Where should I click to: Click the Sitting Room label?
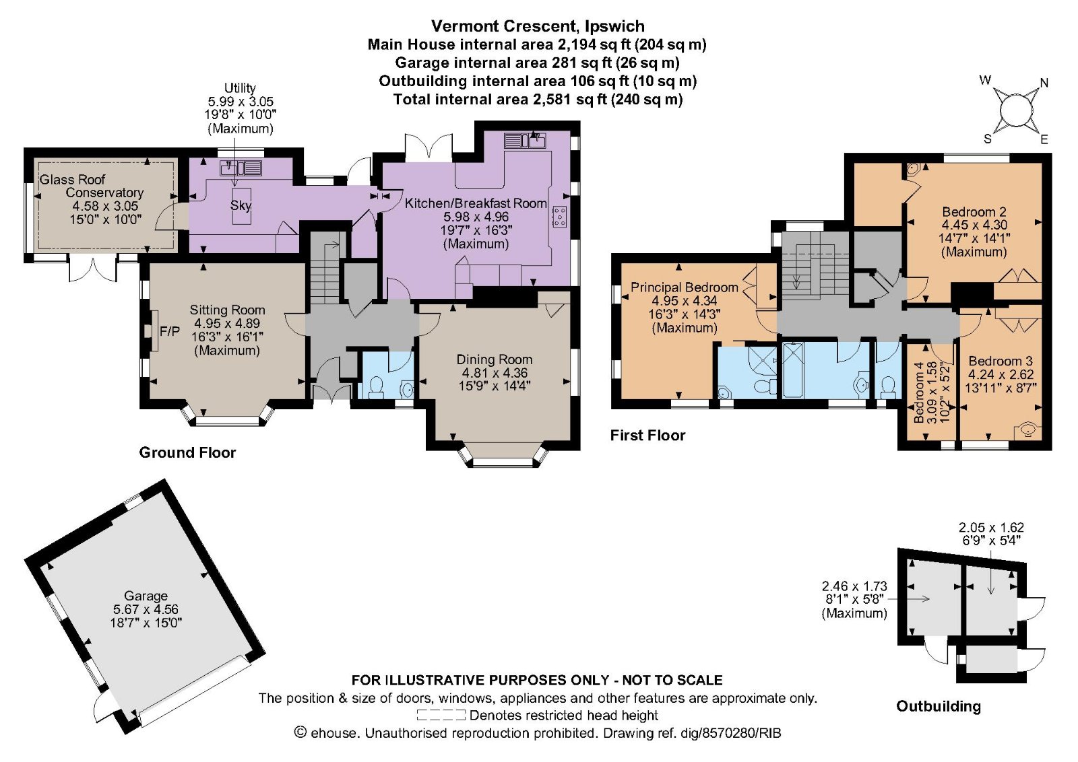coord(227,310)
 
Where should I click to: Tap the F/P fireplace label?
coord(169,331)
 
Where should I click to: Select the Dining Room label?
coord(494,360)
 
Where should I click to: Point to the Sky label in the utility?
coord(241,205)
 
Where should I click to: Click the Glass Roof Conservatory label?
coord(91,186)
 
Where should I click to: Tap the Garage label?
coord(146,596)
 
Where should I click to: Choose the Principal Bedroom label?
coord(684,287)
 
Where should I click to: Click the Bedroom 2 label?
coord(974,211)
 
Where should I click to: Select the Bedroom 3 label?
coord(1000,361)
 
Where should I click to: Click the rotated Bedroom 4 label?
coord(919,392)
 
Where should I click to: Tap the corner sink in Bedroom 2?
coord(913,169)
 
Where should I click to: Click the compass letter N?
coord(1044,83)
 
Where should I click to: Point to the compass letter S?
coord(988,139)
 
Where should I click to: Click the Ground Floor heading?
coord(187,452)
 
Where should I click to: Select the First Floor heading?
coord(647,436)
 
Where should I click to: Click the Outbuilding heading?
coord(938,706)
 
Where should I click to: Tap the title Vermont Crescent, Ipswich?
coord(538,26)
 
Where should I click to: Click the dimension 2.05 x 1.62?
coord(990,528)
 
